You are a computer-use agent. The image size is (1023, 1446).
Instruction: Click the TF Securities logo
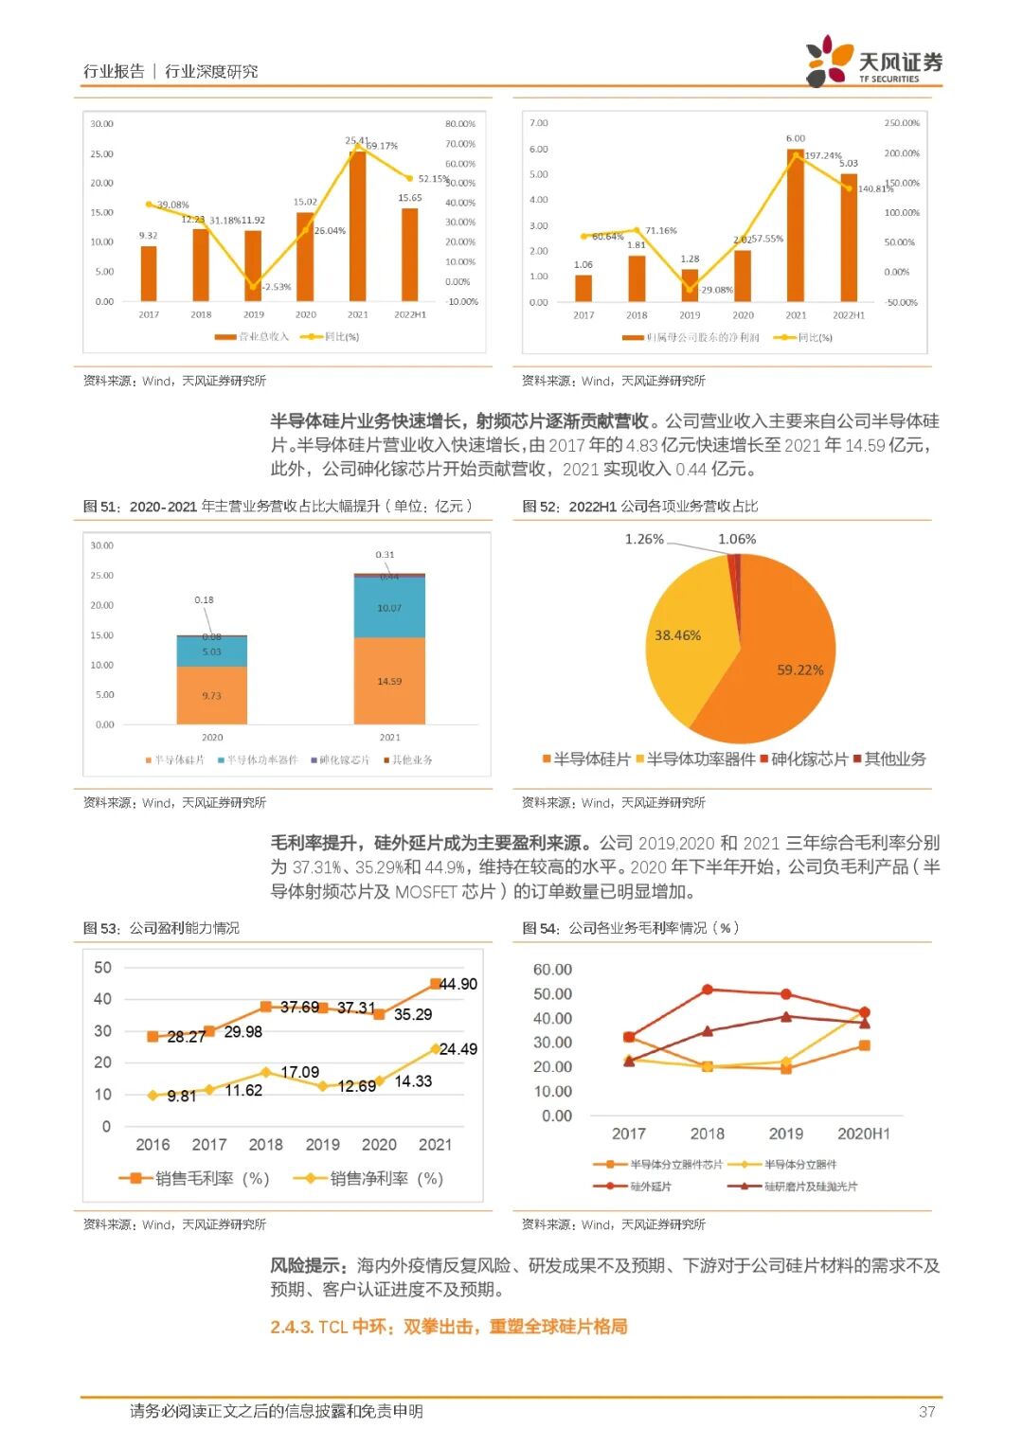click(x=872, y=62)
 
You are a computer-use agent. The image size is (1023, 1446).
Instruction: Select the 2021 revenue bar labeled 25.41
click(x=357, y=227)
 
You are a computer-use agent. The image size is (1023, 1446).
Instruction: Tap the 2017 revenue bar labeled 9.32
click(x=149, y=274)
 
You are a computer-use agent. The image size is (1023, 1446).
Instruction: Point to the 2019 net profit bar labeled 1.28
click(x=690, y=285)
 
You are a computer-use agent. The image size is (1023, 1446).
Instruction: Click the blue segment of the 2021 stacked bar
click(x=389, y=607)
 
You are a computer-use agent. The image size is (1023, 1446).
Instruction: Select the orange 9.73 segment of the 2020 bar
click(x=211, y=695)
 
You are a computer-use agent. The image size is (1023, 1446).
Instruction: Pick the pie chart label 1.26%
click(x=644, y=539)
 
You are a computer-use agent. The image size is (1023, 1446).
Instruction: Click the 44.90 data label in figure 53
click(x=458, y=984)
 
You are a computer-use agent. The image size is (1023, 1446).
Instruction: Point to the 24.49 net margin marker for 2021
click(x=436, y=1048)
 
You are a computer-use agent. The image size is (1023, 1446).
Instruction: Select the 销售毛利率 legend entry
click(x=194, y=1178)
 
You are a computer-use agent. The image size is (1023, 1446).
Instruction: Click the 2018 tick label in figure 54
click(x=707, y=1134)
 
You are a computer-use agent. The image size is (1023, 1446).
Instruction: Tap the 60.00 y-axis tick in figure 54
click(x=552, y=969)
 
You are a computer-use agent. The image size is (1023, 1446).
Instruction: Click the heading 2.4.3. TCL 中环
click(x=448, y=1326)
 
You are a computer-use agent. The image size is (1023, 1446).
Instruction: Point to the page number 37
click(x=926, y=1411)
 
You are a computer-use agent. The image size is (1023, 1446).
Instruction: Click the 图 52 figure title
click(x=640, y=506)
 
